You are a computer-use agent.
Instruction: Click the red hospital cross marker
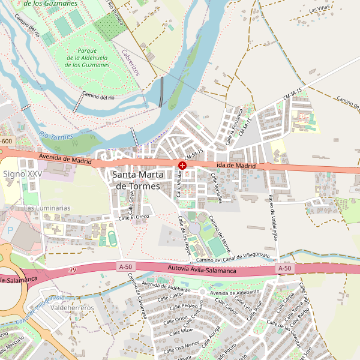(182, 164)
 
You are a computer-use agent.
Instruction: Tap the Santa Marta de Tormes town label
(137, 181)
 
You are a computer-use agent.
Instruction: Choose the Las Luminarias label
(47, 208)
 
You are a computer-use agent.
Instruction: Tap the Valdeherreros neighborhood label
(73, 308)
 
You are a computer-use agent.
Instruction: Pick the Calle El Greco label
(133, 217)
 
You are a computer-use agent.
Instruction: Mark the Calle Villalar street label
(179, 183)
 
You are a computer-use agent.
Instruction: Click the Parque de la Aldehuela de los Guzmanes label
(86, 58)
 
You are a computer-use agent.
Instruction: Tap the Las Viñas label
(320, 9)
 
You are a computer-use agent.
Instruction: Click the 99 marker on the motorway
(73, 270)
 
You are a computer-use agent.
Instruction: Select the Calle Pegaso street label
(186, 307)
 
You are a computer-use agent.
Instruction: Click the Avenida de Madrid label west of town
(64, 158)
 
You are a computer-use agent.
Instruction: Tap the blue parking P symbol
(10, 230)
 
